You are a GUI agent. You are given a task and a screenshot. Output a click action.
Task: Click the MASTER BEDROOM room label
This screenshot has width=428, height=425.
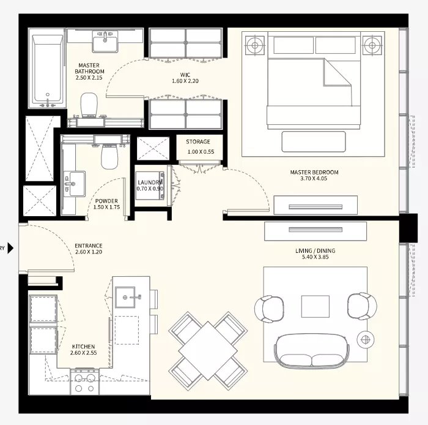coord(314,172)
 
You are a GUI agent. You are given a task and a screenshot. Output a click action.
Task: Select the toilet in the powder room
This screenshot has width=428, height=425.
coord(109,157)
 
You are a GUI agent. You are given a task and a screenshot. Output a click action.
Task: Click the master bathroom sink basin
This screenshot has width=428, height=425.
coord(105,42)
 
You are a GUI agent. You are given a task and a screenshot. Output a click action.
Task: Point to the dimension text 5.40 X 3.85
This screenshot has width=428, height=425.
coord(315,257)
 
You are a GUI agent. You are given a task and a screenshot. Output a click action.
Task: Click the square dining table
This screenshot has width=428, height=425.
coord(208,350)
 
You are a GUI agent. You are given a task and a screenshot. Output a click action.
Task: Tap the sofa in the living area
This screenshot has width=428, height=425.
coord(312,350)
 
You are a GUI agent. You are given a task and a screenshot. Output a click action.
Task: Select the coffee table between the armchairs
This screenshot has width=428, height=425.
coord(315,306)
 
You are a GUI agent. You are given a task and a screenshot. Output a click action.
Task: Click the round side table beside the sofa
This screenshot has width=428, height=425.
coord(365,340)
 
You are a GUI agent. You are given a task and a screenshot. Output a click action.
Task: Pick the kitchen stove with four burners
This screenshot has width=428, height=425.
coord(84,382)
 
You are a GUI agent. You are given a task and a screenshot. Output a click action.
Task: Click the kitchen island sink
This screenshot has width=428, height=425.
coord(125,298)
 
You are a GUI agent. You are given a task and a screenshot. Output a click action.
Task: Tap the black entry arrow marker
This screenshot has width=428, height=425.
coord(10,248)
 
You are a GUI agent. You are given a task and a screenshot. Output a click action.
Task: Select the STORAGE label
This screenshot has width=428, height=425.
coord(198,141)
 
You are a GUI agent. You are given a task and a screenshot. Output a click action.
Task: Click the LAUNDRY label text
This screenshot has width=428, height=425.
coord(150,182)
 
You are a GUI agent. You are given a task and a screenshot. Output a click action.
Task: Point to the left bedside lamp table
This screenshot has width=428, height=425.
coord(255,45)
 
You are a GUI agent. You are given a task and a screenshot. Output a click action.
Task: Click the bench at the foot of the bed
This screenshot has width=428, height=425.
coord(314,141)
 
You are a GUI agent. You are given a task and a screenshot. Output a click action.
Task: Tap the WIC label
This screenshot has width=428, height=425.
coord(185,75)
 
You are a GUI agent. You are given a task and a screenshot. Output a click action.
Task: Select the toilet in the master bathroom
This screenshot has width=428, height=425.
coord(89,105)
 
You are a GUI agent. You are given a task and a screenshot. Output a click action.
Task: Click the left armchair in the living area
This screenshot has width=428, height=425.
coord(269,309)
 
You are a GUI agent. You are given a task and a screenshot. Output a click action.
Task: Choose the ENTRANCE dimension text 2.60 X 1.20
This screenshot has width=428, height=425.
coord(89,252)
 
